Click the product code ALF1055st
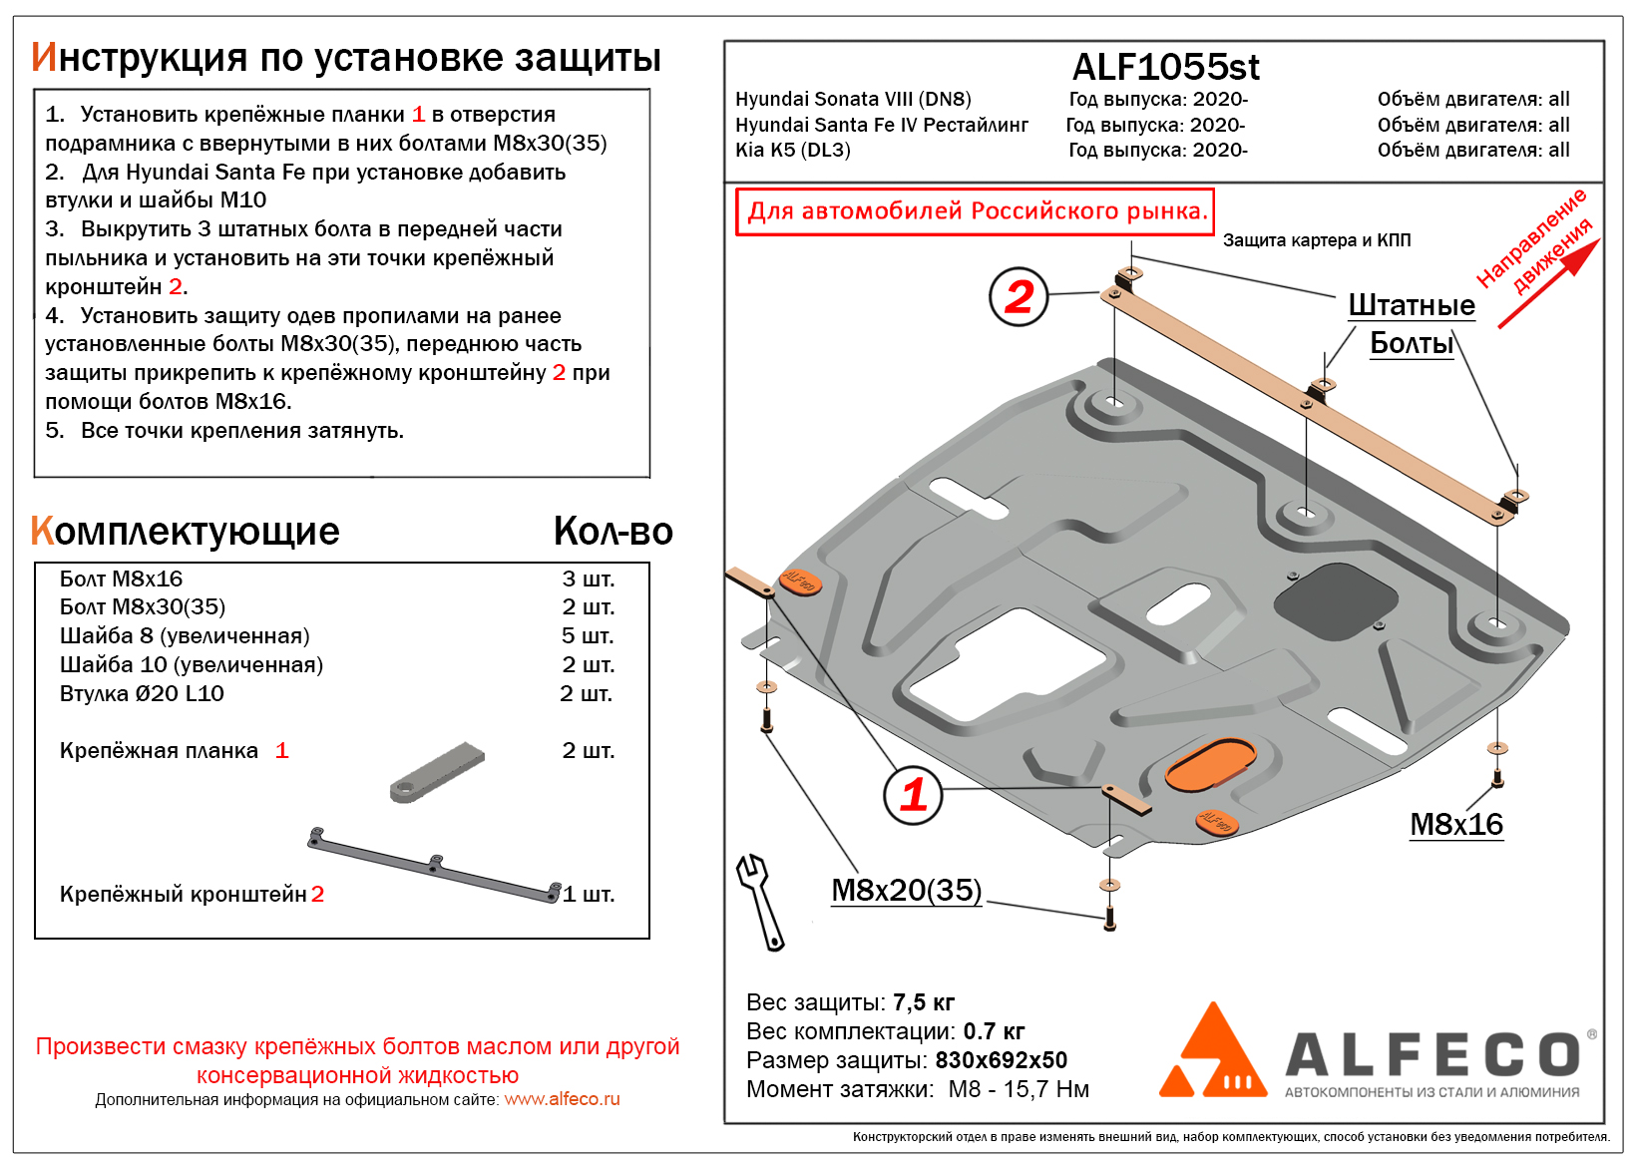click(1165, 67)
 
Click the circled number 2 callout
click(1019, 296)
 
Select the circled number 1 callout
click(913, 795)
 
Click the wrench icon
click(760, 901)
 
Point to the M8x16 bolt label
click(1455, 824)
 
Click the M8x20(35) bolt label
click(906, 890)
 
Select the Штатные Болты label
click(1411, 323)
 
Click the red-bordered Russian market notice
click(975, 211)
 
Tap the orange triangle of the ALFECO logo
click(1211, 1052)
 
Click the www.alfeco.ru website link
click(562, 1099)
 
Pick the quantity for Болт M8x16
click(588, 579)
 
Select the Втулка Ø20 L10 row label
click(142, 693)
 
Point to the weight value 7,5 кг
click(923, 1002)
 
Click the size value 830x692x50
click(1001, 1060)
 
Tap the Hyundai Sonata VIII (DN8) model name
click(853, 99)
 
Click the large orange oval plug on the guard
click(1211, 766)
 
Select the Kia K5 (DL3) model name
click(792, 150)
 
